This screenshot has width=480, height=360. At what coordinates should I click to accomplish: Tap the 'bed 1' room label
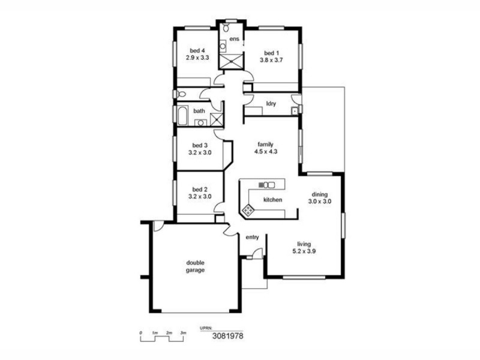[271, 52]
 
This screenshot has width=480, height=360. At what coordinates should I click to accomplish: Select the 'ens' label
[234, 40]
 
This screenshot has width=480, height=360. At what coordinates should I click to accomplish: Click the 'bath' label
[199, 111]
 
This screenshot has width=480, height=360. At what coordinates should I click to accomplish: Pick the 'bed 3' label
[200, 145]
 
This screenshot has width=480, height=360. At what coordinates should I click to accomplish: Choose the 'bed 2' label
[200, 189]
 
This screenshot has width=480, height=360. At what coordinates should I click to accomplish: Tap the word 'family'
[266, 145]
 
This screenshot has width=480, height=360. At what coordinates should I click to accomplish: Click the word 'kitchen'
[272, 200]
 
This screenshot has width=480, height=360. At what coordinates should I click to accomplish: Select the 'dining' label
[320, 194]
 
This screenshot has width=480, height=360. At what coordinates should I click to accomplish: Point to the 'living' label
[304, 244]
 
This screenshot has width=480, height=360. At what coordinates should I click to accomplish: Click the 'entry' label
[253, 237]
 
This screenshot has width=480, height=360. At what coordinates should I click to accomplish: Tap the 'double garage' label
[196, 266]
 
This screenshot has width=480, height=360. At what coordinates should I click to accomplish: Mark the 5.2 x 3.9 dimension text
[304, 251]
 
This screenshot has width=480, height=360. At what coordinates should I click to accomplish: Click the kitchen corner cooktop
[247, 210]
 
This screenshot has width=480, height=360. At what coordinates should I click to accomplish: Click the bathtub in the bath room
[182, 114]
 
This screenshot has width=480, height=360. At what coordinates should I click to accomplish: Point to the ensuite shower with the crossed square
[231, 61]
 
